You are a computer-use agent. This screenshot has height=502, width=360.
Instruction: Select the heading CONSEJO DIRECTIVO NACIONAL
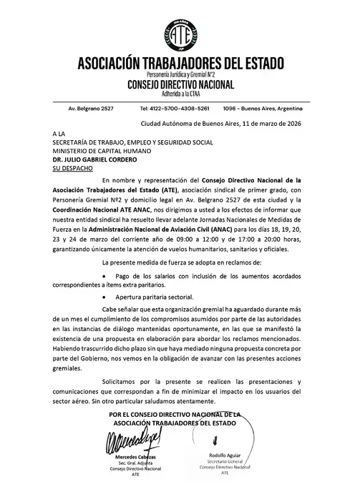click(179, 84)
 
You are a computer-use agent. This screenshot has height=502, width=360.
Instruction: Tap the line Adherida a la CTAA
click(179, 94)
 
